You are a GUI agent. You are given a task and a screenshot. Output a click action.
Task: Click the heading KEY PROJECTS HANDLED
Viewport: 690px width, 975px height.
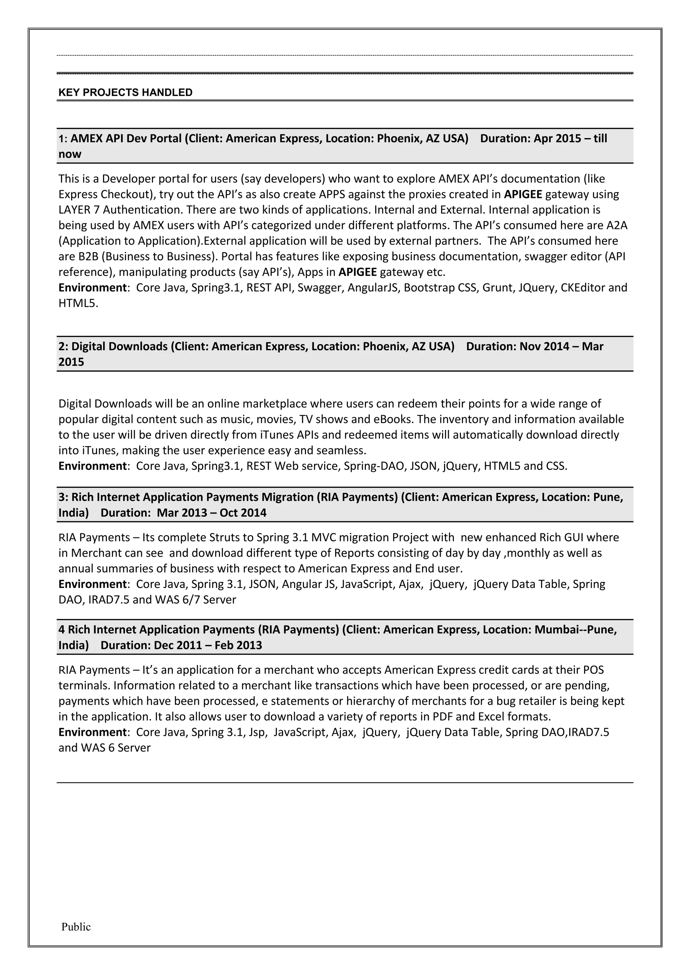click(125, 93)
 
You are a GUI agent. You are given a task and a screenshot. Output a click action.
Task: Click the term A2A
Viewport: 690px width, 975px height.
click(617, 225)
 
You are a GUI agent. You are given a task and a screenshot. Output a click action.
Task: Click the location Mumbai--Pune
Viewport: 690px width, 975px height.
click(575, 629)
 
